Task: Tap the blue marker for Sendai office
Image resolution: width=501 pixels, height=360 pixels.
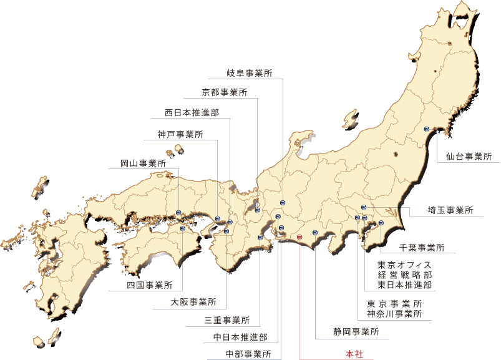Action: (427, 129)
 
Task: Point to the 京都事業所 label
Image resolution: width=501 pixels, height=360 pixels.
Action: (225, 92)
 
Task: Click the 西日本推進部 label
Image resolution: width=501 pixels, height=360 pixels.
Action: (192, 113)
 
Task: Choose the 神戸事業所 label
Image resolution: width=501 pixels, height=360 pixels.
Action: (180, 134)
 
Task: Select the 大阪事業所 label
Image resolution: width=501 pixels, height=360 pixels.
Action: (193, 303)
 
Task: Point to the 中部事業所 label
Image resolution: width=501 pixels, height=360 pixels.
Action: (248, 354)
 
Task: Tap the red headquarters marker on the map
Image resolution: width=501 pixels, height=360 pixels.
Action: (299, 237)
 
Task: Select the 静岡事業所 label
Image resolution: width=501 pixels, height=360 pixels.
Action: (356, 331)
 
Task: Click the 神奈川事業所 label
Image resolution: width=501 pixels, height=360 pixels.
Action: (399, 314)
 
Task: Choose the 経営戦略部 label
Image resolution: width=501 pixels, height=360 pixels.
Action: (404, 275)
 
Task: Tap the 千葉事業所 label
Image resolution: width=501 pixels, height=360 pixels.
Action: (421, 247)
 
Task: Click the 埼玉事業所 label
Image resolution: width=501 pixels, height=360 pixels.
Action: (450, 210)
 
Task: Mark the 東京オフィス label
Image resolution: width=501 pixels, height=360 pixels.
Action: (404, 264)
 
